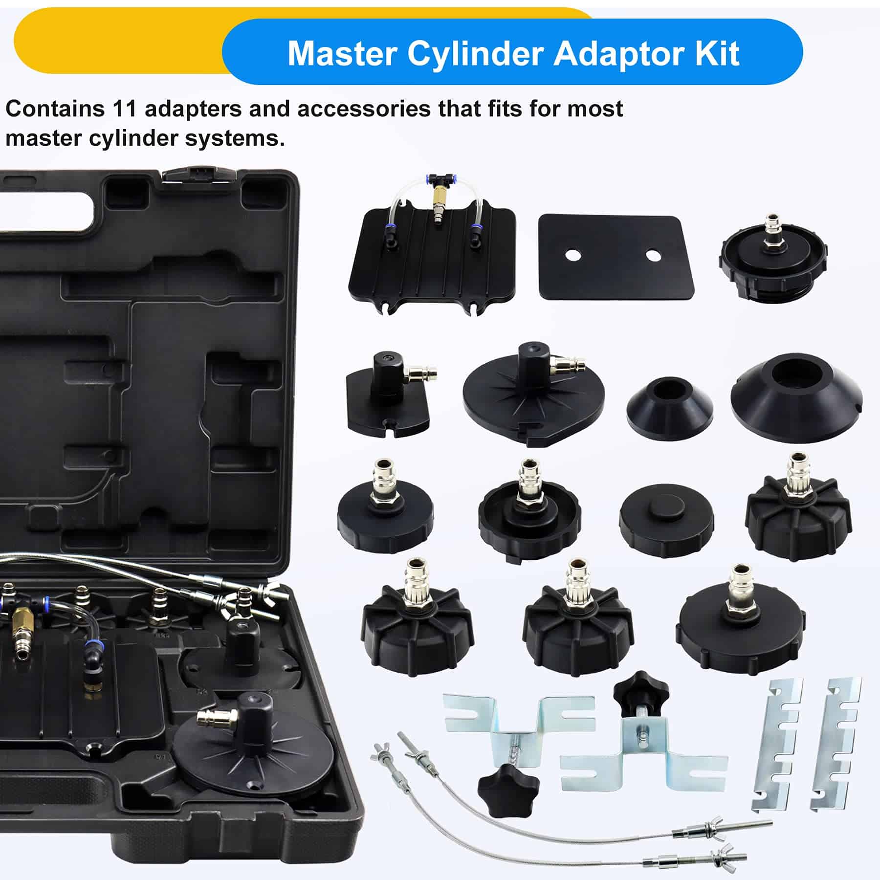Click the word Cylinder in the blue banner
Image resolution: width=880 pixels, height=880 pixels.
point(476,53)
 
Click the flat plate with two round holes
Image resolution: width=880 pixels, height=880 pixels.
point(616,258)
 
